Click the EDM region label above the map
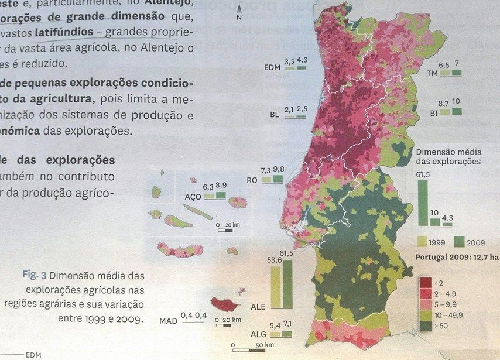click(x=273, y=68)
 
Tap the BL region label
click(x=274, y=115)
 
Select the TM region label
click(x=433, y=73)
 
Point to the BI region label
click(x=434, y=112)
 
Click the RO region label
click(x=253, y=180)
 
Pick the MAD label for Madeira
click(x=167, y=321)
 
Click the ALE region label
click(x=258, y=307)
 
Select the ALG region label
click(x=258, y=336)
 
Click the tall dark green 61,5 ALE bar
click(x=287, y=284)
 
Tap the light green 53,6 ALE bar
click(x=274, y=287)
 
